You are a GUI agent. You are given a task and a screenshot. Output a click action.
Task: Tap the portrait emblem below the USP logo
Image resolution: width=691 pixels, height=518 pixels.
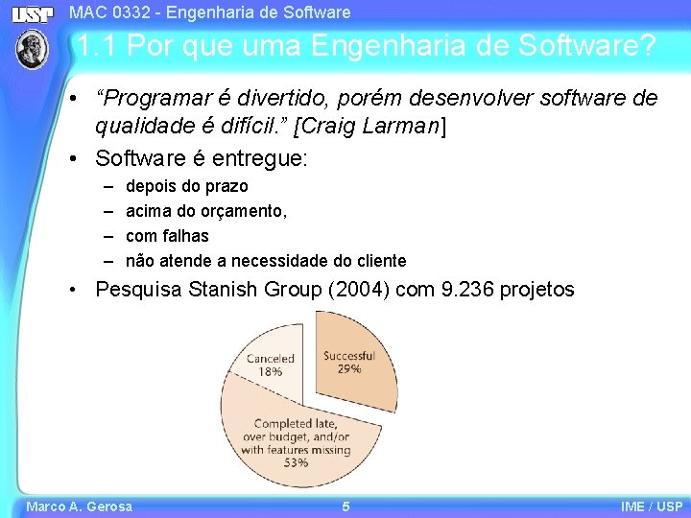(32, 49)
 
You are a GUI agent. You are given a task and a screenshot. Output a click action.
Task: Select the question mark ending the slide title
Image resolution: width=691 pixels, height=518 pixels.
(649, 45)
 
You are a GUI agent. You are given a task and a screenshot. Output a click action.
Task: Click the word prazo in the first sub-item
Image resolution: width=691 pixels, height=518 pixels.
(226, 186)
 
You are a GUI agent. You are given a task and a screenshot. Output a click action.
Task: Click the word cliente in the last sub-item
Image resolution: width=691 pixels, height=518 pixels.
(379, 261)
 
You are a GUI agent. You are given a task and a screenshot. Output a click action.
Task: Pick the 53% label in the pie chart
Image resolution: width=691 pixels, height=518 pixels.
(296, 462)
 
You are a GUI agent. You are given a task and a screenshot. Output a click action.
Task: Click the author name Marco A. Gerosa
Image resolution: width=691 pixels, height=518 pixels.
(80, 506)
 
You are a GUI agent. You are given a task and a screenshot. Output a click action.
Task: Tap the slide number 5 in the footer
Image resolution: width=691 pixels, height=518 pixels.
(345, 506)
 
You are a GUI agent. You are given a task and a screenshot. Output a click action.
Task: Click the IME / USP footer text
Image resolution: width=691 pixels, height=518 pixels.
(652, 506)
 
